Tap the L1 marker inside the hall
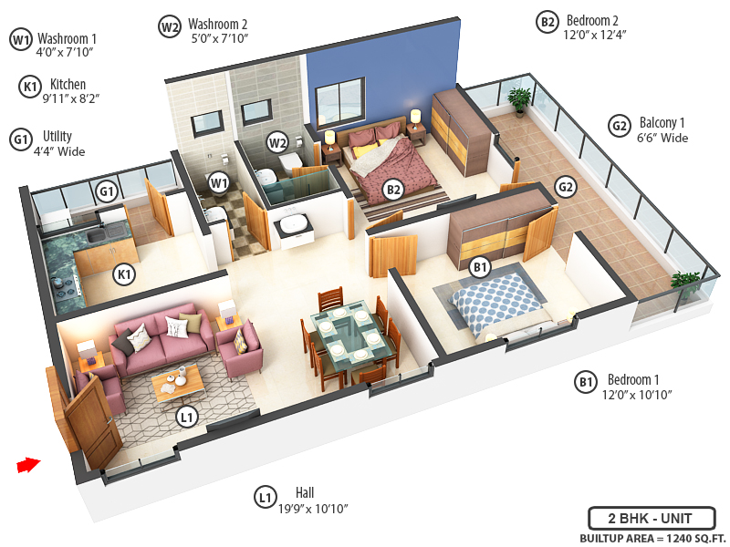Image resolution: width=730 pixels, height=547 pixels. pos(186,418)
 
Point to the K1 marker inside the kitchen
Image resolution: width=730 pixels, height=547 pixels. pos(124,273)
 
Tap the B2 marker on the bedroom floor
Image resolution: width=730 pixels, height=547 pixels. pos(393,189)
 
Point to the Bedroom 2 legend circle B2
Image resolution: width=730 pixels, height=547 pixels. pos(547,23)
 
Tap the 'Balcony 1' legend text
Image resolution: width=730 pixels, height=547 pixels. pos(662,123)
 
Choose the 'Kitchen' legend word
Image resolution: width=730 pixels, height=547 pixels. pos(68,84)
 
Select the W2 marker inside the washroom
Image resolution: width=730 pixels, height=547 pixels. pos(277,142)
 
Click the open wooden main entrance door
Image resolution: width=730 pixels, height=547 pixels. pos(91,419)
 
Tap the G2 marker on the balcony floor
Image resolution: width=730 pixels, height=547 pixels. pos(567,188)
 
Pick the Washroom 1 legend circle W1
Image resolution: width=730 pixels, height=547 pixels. pos(21,39)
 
